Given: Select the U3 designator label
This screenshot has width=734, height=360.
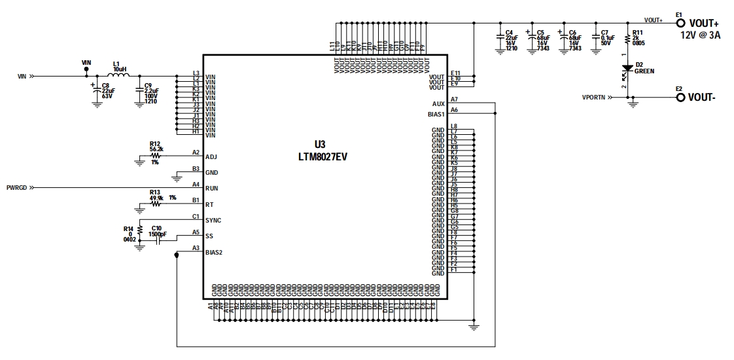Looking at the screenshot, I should point(320,145).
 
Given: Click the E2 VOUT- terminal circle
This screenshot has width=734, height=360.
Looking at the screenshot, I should point(680,98).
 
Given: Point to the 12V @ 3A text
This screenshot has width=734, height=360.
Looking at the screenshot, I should point(701,35).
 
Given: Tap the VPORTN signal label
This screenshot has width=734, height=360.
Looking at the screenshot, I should point(594,98).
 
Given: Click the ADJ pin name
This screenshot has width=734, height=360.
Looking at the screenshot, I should point(211,157).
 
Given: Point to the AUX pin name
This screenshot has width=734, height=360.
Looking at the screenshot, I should point(438,104).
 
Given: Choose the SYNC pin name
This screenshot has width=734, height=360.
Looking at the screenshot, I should point(213,221).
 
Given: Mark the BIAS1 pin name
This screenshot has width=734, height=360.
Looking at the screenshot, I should point(436,115).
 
